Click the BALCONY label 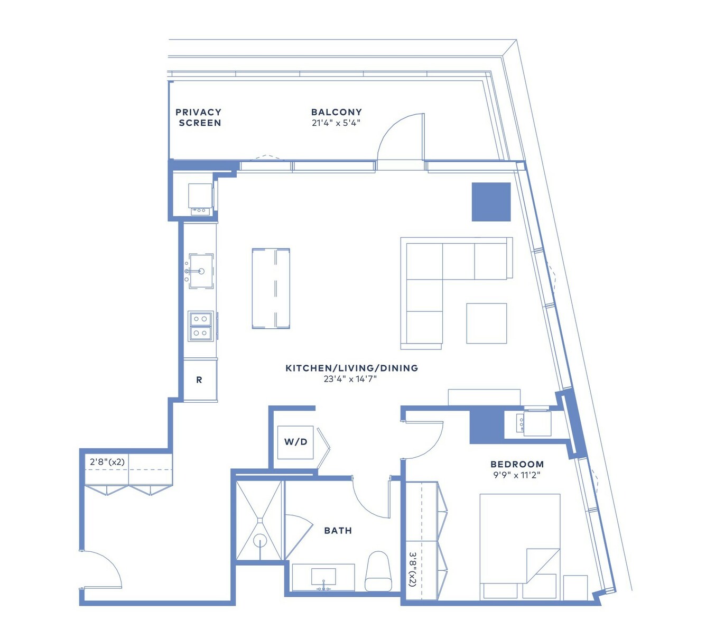336,112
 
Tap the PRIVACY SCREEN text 198,117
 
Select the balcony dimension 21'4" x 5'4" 336,123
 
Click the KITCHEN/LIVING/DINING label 351,368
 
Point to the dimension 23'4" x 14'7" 350,379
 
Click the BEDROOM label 517,464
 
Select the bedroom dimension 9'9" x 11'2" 517,475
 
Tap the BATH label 338,530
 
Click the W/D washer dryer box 295,442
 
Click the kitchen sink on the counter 200,271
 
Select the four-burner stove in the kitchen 200,326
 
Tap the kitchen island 271,289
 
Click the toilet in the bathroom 377,571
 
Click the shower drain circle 259,541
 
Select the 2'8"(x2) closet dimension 107,462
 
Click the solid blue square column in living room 491,201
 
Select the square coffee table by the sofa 487,323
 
